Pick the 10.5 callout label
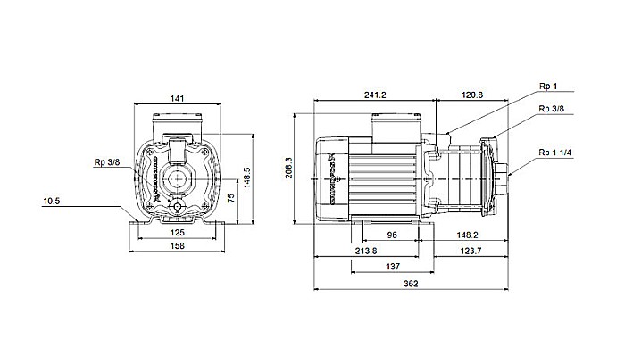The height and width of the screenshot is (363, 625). (52, 202)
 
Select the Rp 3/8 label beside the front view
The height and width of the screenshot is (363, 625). (106, 162)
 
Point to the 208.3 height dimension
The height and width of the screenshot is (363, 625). (288, 168)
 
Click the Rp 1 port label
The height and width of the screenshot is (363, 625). (548, 87)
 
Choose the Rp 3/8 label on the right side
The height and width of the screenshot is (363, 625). (551, 109)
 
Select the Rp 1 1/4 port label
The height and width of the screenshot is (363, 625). (554, 153)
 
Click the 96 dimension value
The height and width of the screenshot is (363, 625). (390, 235)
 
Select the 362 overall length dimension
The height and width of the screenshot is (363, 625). (411, 283)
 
